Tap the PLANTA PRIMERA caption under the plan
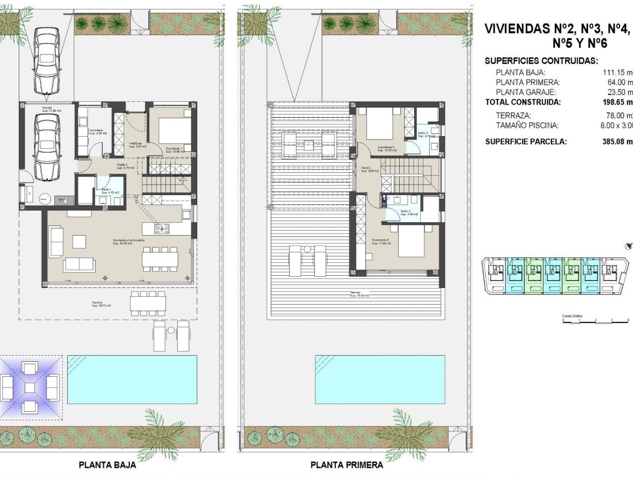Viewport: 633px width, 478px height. pos(346,465)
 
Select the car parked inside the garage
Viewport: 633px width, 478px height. pos(47,147)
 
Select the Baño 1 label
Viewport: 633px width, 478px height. pos(106,191)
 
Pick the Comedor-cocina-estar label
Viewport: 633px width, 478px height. pos(129,242)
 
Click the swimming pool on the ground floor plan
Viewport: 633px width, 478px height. pos(132,379)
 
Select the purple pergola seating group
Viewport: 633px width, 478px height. pos(30,386)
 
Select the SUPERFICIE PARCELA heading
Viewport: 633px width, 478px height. pos(526,141)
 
